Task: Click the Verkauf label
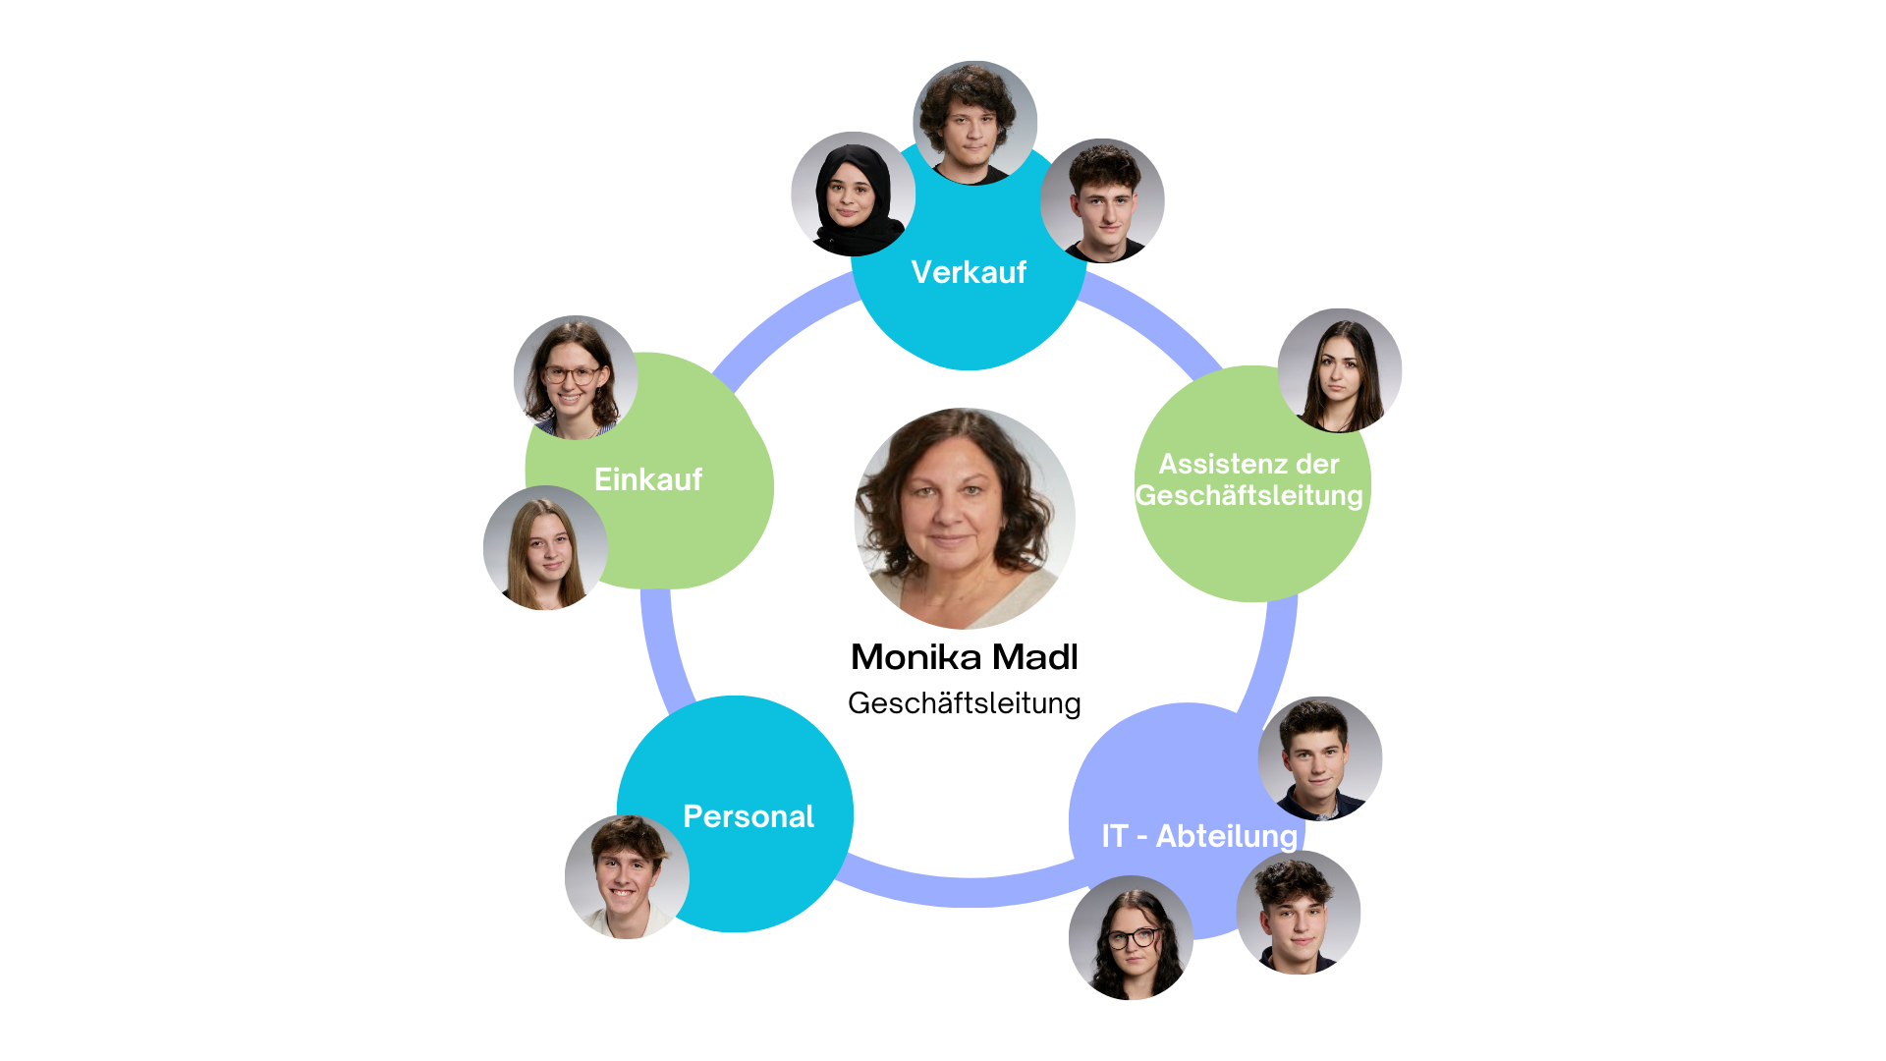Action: click(969, 272)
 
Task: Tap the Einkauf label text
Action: click(648, 479)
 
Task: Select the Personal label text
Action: click(749, 816)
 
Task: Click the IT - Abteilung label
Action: click(1199, 836)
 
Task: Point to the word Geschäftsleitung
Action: click(1249, 495)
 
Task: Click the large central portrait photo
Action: click(965, 519)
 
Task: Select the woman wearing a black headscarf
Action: click(853, 194)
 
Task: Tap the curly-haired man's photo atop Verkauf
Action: click(974, 122)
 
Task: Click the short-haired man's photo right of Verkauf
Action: click(1102, 200)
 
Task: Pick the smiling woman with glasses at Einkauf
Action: click(575, 377)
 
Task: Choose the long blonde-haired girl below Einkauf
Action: click(545, 548)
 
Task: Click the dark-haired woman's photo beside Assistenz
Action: click(1340, 370)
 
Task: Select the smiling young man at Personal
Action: click(626, 876)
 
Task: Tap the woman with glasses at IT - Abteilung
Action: click(1131, 937)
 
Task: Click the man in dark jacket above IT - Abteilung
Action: click(1320, 757)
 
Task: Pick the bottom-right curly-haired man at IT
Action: click(1298, 913)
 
